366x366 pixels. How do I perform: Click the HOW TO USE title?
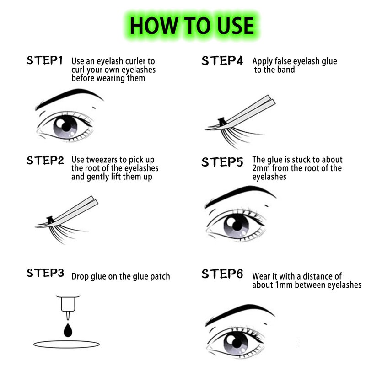192,26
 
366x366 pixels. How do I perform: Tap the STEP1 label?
44,60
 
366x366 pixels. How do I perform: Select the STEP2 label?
45,161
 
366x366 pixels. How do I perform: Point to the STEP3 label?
45,273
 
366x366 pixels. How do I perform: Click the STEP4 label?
222,60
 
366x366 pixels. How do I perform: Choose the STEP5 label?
222,162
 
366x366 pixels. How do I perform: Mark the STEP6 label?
222,274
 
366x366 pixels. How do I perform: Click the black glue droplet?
68,330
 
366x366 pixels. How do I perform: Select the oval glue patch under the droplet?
66,344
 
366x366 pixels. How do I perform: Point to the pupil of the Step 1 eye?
66,127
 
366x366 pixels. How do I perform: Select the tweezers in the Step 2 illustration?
72,211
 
